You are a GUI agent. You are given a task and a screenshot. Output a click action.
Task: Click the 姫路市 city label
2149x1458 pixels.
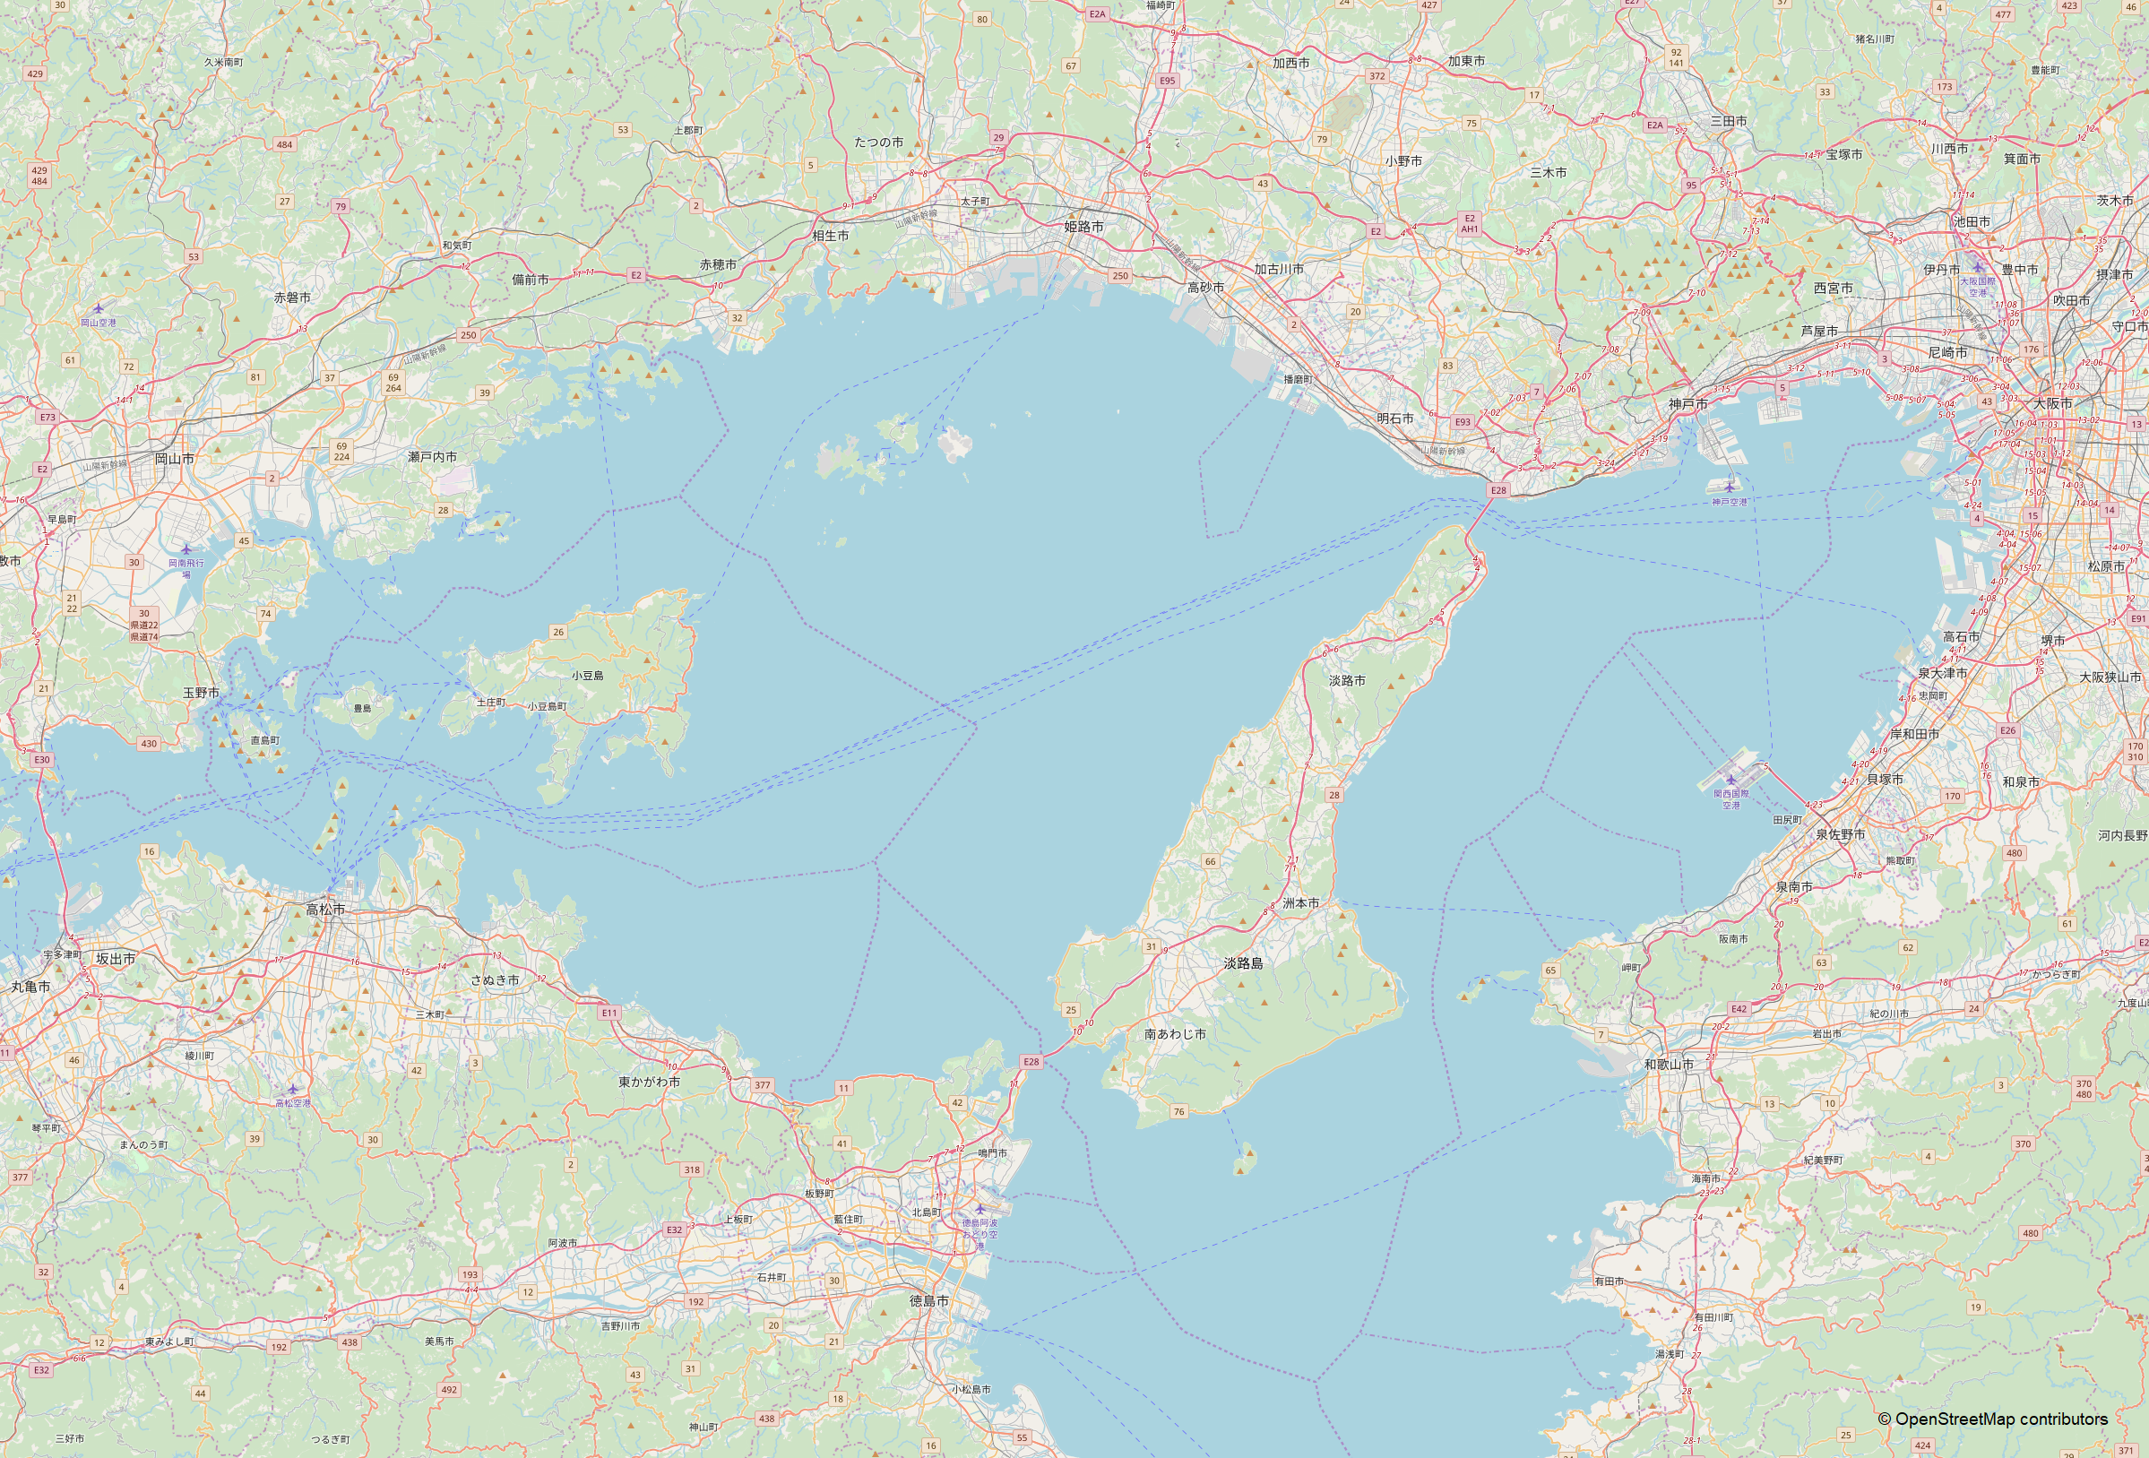pyautogui.click(x=1083, y=227)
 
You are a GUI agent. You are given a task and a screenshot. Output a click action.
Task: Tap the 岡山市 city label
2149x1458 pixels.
pyautogui.click(x=174, y=459)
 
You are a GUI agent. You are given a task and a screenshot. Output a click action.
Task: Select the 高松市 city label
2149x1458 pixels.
pyautogui.click(x=325, y=910)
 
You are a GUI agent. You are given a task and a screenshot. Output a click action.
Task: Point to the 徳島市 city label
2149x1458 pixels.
pyautogui.click(x=928, y=1301)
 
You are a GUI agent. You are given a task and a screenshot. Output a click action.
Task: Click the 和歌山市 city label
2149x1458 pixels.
pyautogui.click(x=1668, y=1065)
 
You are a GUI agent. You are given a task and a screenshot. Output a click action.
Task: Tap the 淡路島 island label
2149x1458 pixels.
pyautogui.click(x=1243, y=963)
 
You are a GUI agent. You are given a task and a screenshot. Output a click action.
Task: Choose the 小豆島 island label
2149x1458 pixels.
pyautogui.click(x=587, y=676)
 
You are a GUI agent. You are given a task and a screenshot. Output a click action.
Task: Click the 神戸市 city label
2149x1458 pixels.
pyautogui.click(x=1687, y=404)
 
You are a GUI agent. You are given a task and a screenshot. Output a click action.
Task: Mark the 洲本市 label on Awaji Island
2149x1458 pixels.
pyautogui.click(x=1301, y=903)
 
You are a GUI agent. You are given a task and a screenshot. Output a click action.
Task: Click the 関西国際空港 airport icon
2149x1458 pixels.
pyautogui.click(x=1731, y=780)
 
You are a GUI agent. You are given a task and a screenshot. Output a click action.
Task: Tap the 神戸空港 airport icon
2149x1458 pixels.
pyautogui.click(x=1729, y=487)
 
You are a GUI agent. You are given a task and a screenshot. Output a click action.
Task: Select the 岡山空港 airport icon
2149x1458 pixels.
pyautogui.click(x=98, y=308)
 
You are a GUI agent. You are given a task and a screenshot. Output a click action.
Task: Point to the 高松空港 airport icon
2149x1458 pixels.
pyautogui.click(x=293, y=1089)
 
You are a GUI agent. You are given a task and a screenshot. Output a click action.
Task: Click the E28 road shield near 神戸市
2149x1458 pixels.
pyautogui.click(x=1498, y=490)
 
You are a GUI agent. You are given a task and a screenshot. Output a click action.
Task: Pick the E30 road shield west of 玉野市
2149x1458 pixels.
pyautogui.click(x=41, y=759)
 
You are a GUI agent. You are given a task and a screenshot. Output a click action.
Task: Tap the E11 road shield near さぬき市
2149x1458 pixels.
pyautogui.click(x=608, y=1014)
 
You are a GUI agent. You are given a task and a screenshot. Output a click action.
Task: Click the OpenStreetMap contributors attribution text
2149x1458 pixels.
pyautogui.click(x=1992, y=1419)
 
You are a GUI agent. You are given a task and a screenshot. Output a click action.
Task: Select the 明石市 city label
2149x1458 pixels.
pyautogui.click(x=1394, y=418)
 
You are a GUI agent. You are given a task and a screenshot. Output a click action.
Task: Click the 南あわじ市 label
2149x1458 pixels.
pyautogui.click(x=1174, y=1034)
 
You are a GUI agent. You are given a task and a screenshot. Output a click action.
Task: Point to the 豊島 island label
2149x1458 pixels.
pyautogui.click(x=362, y=708)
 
